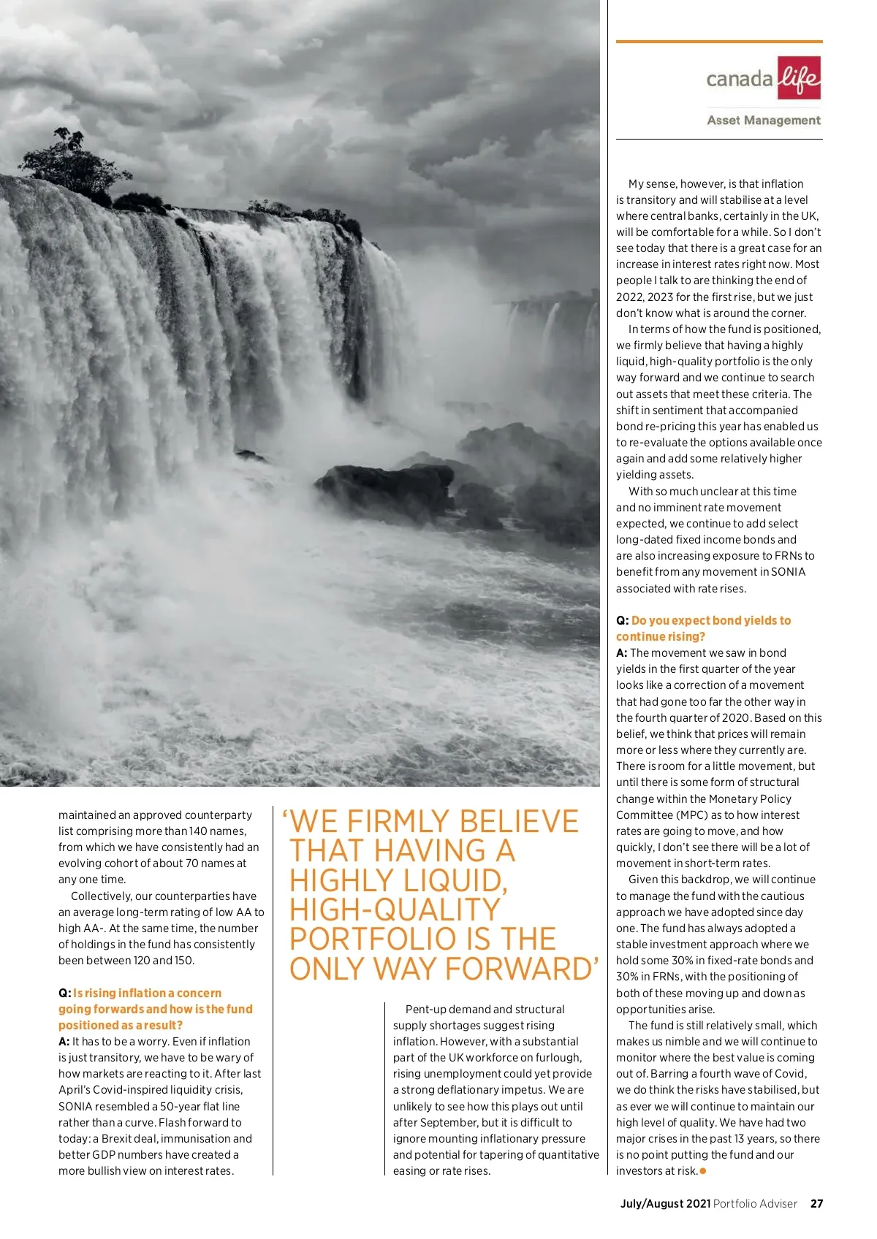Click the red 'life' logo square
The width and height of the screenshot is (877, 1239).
(799, 77)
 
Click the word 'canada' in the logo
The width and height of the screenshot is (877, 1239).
(739, 79)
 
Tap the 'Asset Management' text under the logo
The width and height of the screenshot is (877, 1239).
(763, 121)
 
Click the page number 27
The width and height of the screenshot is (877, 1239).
(816, 1204)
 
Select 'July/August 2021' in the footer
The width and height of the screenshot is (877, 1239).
(665, 1204)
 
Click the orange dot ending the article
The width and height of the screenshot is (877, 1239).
(703, 1171)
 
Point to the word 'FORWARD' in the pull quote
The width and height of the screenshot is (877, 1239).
(522, 969)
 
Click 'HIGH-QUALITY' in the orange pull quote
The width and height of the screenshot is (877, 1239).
(395, 910)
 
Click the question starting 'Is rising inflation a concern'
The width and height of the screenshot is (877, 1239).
(146, 993)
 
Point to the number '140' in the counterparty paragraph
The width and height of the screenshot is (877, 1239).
(198, 831)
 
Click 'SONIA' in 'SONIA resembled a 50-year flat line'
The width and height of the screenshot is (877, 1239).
(75, 1106)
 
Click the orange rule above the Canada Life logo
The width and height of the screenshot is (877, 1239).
(719, 42)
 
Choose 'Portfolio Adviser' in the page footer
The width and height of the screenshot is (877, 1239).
(755, 1204)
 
